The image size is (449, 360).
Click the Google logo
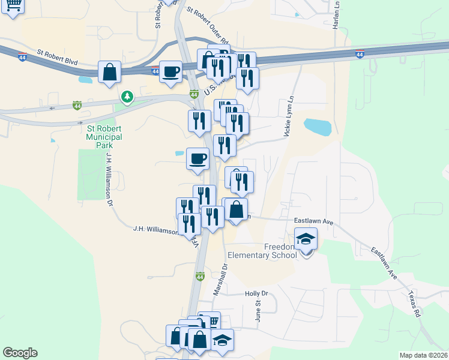pos(20,353)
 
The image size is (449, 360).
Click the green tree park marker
pos(127,96)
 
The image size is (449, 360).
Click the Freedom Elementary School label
pos(280,251)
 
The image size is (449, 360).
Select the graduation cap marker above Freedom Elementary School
pos(306,239)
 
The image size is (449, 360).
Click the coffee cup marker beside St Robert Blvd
pos(170,71)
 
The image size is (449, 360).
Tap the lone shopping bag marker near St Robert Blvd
pos(110,72)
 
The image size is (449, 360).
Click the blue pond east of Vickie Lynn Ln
pos(317,127)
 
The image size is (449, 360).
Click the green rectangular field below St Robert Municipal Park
pos(91,174)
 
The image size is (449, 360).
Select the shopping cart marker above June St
pos(210,320)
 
